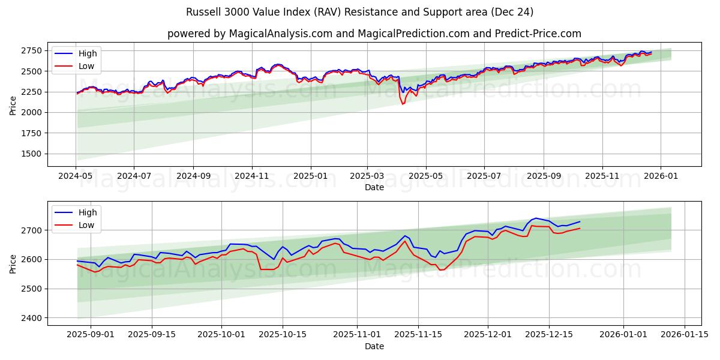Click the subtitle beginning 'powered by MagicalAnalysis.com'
tap(374, 34)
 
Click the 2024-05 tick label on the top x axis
tap(76, 176)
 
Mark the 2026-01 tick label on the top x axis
tap(661, 176)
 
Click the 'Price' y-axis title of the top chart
tap(13, 104)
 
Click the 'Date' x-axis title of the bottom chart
tap(374, 346)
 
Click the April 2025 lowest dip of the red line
tap(403, 104)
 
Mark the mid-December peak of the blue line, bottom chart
tap(536, 218)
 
